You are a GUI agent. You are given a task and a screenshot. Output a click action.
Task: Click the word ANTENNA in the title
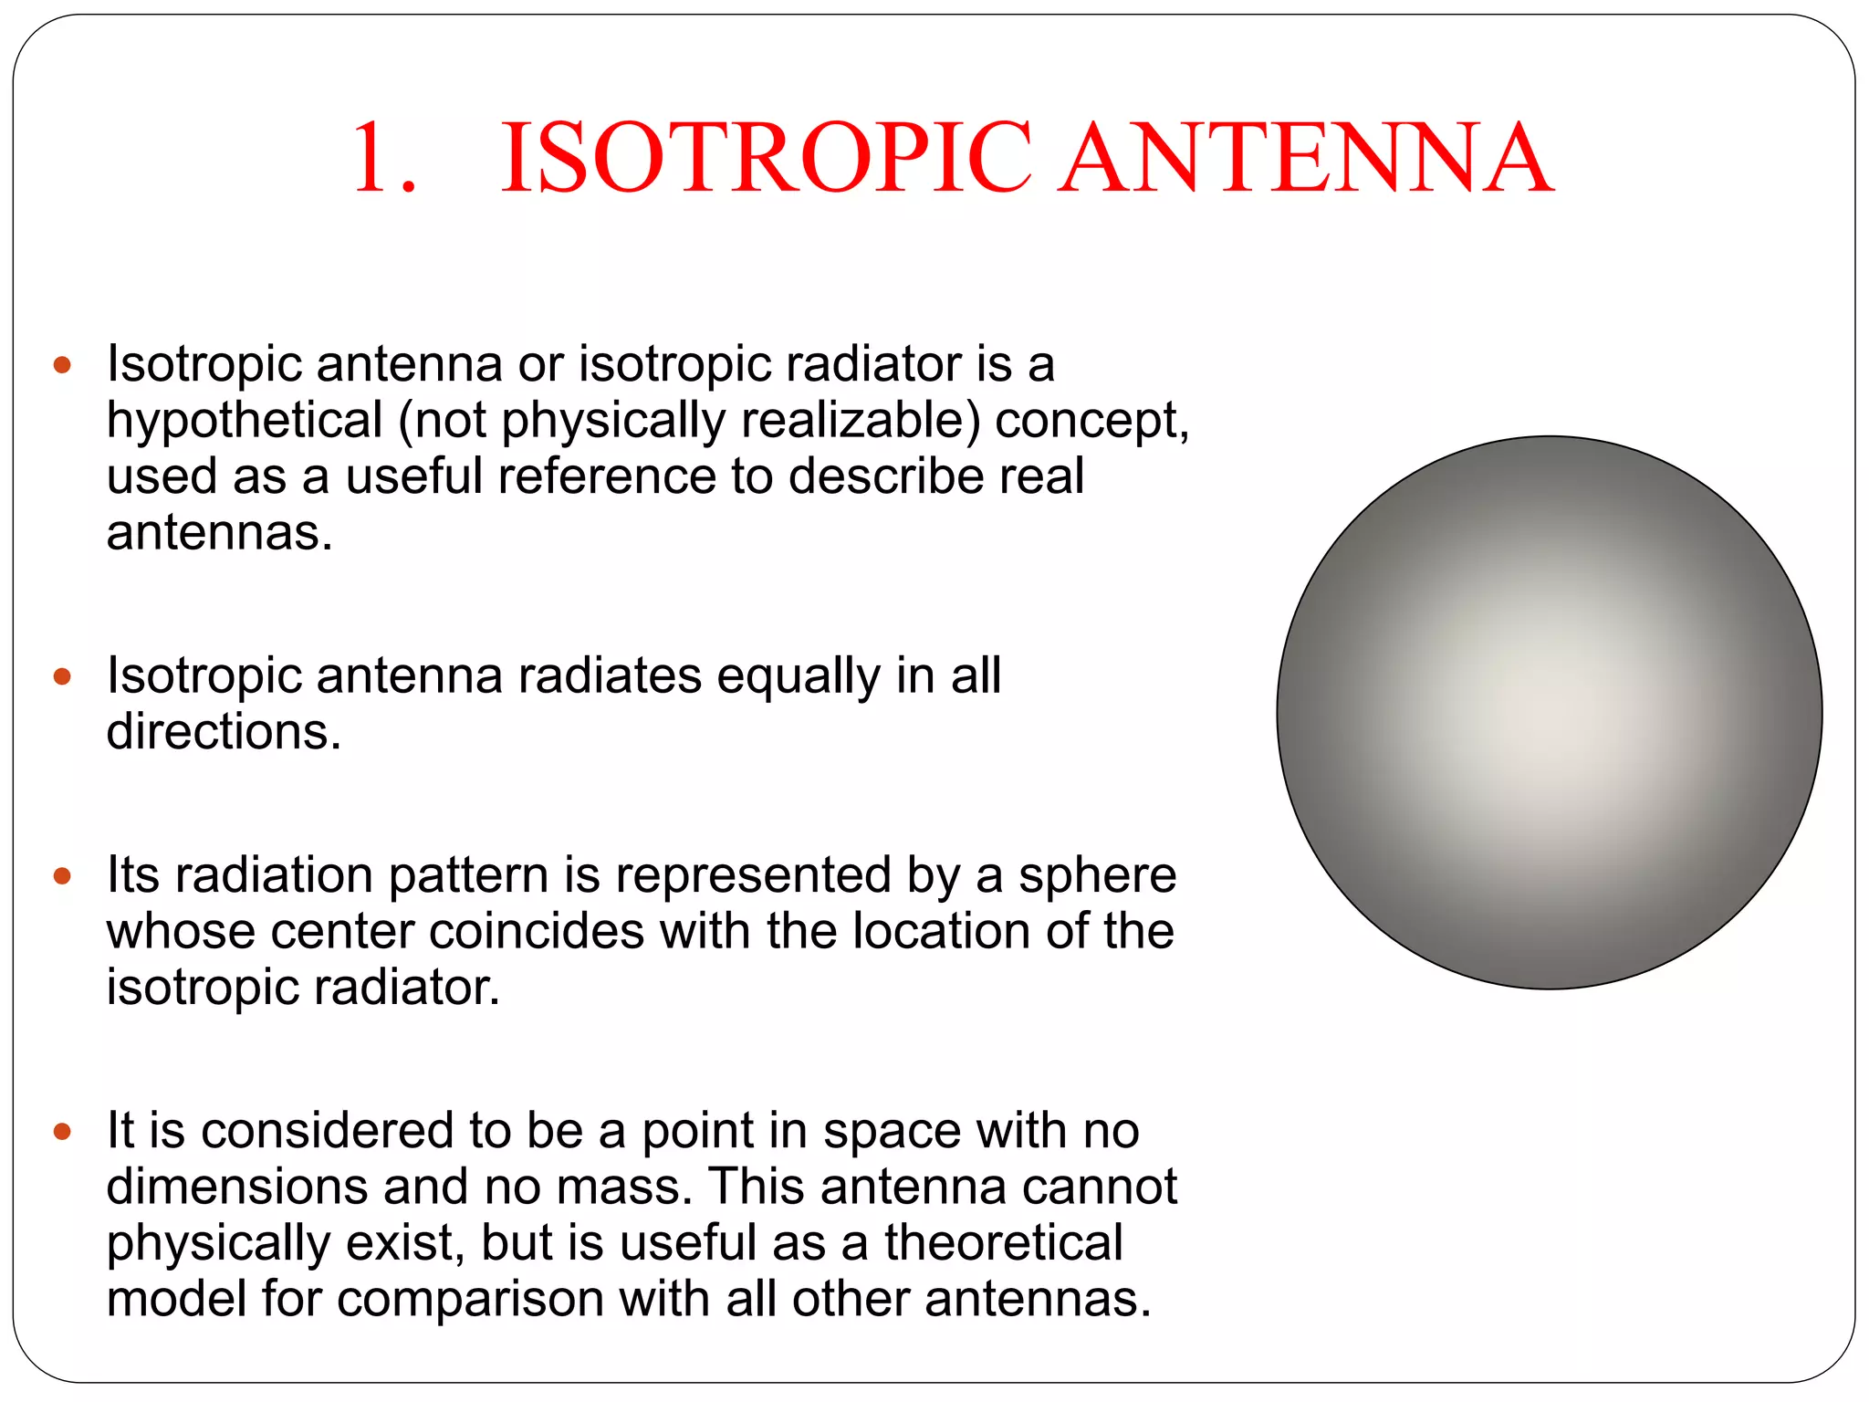pyautogui.click(x=1306, y=158)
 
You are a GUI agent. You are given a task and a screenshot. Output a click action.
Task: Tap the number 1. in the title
pyautogui.click(x=384, y=158)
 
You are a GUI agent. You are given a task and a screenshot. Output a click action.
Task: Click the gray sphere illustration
pyautogui.click(x=1549, y=712)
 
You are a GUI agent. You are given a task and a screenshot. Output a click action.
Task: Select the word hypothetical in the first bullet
pyautogui.click(x=244, y=421)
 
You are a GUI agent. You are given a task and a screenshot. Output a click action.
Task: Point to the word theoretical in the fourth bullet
pyautogui.click(x=1003, y=1242)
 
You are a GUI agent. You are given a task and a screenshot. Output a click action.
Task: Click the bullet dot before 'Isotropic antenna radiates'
pyautogui.click(x=62, y=676)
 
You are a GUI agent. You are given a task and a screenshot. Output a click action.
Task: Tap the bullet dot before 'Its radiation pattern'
pyautogui.click(x=62, y=876)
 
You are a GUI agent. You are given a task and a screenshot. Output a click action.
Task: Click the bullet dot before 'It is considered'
pyautogui.click(x=62, y=1132)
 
